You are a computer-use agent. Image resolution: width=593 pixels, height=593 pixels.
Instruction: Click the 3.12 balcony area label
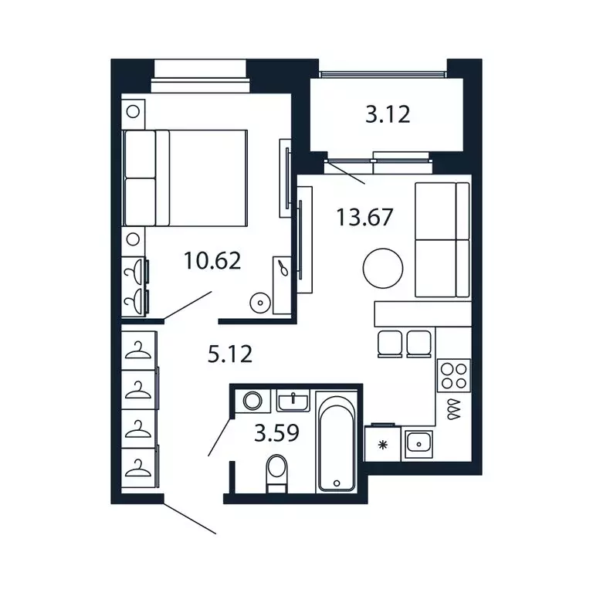[x=388, y=114]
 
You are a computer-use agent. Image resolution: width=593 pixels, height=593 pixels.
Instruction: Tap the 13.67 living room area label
[x=364, y=218]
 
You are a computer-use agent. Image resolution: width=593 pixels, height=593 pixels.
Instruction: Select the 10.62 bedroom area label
[x=212, y=260]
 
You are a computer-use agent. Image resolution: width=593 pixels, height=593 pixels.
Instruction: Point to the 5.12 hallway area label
[x=230, y=354]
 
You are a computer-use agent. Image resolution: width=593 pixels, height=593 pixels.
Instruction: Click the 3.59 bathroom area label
[x=277, y=433]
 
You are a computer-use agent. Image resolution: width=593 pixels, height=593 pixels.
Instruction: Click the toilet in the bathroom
[x=277, y=473]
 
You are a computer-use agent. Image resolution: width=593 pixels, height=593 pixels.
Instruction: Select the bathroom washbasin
[x=293, y=401]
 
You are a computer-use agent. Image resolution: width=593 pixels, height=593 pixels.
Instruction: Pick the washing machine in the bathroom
[x=252, y=401]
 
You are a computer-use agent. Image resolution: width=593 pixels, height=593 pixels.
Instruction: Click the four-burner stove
[x=454, y=375]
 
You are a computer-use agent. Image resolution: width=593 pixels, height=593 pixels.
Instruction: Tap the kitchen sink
[x=418, y=445]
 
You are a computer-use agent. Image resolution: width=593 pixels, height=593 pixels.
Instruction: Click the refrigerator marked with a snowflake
[x=383, y=444]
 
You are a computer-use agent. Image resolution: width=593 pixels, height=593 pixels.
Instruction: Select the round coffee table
[x=383, y=268]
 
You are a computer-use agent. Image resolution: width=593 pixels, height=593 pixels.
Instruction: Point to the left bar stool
[x=390, y=344]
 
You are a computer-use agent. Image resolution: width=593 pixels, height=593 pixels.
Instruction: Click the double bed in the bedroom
[x=185, y=178]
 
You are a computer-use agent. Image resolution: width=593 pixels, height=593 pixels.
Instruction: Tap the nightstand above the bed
[x=133, y=111]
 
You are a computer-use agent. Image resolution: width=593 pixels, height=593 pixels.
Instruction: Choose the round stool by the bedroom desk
[x=260, y=303]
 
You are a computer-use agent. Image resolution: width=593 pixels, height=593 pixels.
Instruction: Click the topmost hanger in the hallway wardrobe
[x=137, y=350]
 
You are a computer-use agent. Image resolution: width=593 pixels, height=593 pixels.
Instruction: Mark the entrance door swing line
[x=189, y=518]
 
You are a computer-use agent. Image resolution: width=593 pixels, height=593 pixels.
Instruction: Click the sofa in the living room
[x=442, y=240]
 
